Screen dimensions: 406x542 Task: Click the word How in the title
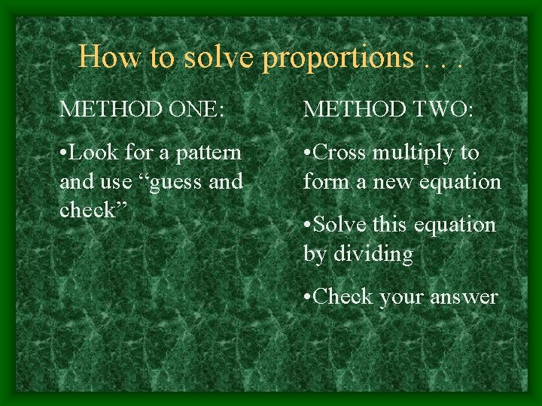102,56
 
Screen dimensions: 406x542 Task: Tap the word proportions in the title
337,58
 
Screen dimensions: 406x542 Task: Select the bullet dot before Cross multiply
306,153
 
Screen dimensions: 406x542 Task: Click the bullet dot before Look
63,153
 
